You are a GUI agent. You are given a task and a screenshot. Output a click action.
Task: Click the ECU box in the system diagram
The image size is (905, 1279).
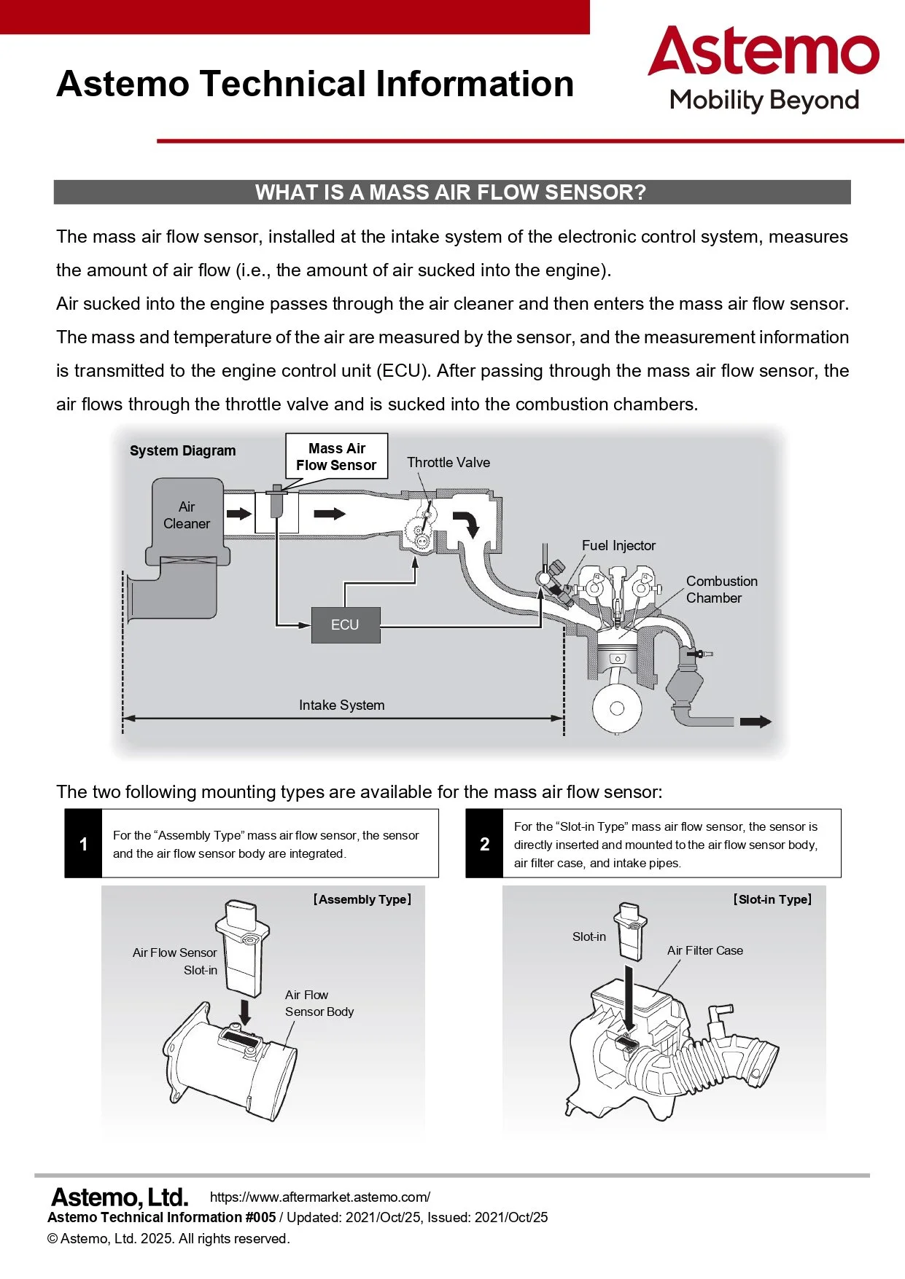(x=346, y=625)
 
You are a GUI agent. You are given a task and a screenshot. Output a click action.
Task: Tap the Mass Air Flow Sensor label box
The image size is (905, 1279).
(x=336, y=456)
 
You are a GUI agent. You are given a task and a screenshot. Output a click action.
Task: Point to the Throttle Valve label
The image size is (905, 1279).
(x=448, y=462)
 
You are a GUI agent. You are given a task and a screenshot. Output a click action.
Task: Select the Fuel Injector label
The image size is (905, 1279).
(x=618, y=545)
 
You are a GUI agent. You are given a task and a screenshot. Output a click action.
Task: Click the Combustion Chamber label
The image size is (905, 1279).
(x=720, y=589)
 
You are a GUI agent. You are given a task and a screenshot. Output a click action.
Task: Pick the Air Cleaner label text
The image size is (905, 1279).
(x=187, y=515)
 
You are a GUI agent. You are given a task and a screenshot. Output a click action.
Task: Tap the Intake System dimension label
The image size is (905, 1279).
(x=341, y=705)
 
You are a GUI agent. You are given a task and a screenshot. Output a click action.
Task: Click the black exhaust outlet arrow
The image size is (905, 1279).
(x=756, y=721)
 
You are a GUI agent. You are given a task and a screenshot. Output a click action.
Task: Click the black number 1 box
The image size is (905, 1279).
(x=83, y=844)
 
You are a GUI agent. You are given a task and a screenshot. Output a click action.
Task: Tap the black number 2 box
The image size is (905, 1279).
(x=484, y=844)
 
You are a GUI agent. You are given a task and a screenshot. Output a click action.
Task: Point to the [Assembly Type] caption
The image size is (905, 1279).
(x=362, y=899)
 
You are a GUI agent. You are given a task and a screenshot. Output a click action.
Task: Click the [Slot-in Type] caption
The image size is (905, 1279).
(x=772, y=899)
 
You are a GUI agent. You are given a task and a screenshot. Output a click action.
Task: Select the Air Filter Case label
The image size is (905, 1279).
(x=704, y=950)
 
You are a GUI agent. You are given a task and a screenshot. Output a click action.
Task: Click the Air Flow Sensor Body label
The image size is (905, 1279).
(x=319, y=1003)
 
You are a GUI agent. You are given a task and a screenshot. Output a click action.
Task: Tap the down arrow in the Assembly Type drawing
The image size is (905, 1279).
(x=245, y=1011)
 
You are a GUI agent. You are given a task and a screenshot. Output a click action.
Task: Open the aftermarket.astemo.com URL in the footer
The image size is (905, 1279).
(x=319, y=1197)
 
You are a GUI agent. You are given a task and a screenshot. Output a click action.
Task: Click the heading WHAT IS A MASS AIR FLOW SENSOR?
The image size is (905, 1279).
(x=451, y=192)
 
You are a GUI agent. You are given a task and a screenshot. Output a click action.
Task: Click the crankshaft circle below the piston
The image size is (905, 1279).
(x=617, y=708)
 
